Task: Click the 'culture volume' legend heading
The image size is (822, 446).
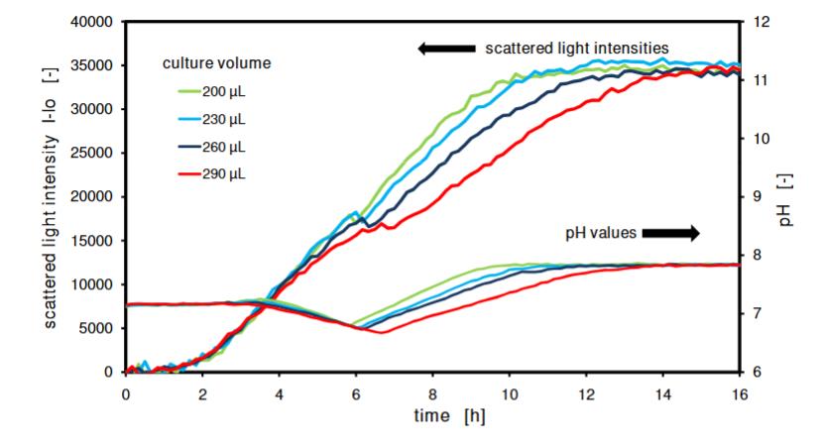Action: click(216, 63)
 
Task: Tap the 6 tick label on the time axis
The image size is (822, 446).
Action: click(356, 392)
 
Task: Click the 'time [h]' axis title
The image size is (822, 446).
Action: click(449, 416)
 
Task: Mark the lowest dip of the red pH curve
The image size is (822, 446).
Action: click(382, 332)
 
